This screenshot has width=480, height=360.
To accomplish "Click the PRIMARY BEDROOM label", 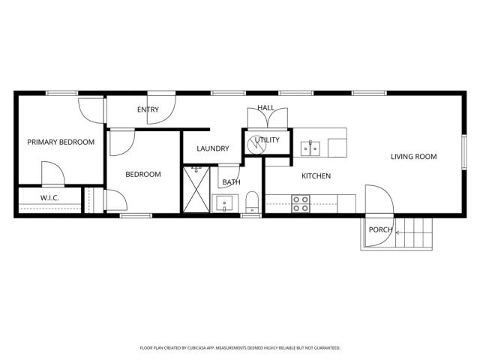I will coord(61,142).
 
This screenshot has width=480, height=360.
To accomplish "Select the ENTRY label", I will coord(148,109).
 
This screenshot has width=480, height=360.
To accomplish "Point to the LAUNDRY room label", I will coord(212,148).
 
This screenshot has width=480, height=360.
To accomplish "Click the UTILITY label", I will coord(267,139).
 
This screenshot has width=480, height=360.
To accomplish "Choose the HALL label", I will coord(266,108).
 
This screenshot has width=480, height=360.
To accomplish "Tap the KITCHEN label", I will coord(316,175).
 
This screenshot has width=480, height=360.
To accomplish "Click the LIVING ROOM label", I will coord(413,157).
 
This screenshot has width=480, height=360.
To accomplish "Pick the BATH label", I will coord(231,181).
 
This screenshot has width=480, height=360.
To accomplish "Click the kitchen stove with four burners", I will coord(301,203).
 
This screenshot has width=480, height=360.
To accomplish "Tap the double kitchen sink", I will coord(310,148).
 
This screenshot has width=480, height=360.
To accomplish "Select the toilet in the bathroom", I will coord(252,201).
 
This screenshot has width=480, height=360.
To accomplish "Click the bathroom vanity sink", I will coord(224,202).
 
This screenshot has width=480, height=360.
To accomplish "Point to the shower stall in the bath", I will coord(198,190).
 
